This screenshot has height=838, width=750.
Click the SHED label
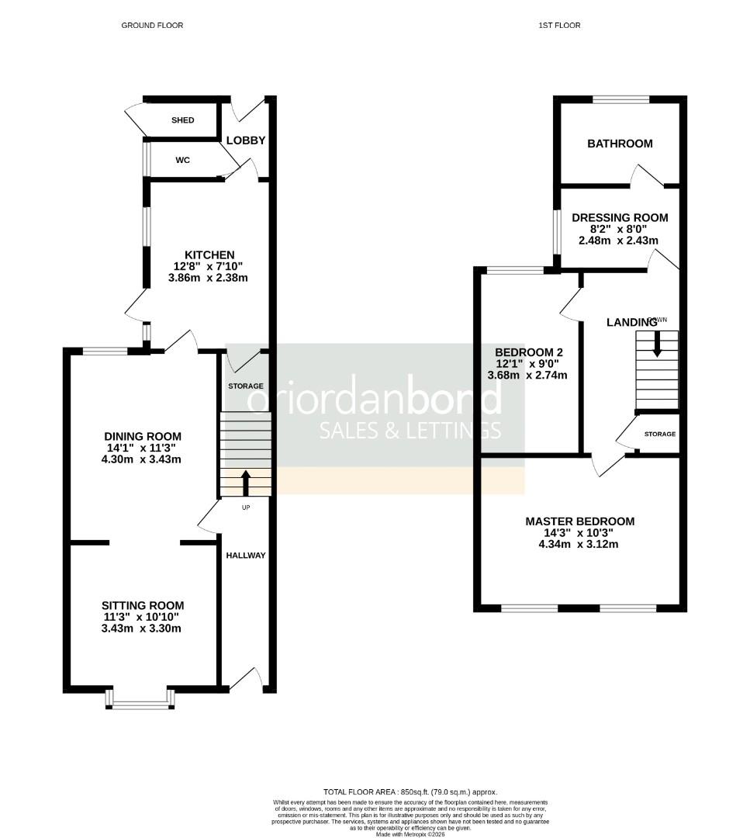click(x=183, y=120)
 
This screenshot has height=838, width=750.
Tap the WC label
click(x=183, y=160)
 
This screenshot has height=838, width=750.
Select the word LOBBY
click(x=246, y=140)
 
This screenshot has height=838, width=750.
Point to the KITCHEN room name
click(x=209, y=255)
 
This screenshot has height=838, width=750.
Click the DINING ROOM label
click(x=143, y=436)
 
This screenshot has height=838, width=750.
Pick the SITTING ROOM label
click(x=143, y=605)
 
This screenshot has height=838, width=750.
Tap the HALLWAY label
click(x=246, y=556)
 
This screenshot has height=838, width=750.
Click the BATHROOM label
click(x=620, y=144)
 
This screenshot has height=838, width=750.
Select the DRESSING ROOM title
click(x=620, y=217)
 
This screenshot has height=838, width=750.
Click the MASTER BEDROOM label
click(x=579, y=521)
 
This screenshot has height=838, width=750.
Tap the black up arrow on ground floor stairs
click(x=247, y=482)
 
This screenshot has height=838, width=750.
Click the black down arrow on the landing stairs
click(x=657, y=345)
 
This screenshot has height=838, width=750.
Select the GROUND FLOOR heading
click(x=152, y=26)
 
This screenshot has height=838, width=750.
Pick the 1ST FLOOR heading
click(x=559, y=26)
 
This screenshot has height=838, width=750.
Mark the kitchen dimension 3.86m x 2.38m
click(x=209, y=278)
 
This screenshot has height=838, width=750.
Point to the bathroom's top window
click(x=620, y=99)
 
